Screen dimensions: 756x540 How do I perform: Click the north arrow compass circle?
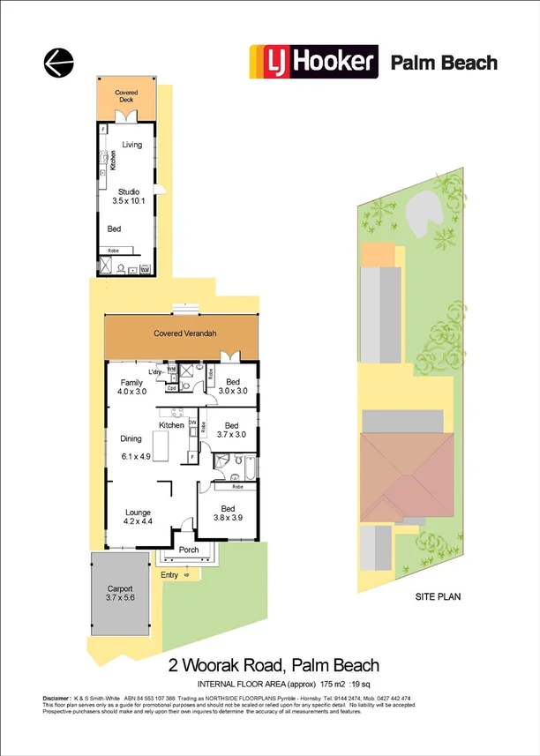pos(58,62)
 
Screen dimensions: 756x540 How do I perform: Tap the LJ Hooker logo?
pos(314,63)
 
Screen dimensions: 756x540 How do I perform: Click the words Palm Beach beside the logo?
pos(444,63)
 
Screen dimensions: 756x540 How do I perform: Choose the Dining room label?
pos(131,438)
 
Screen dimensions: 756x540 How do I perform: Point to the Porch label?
pos(189,550)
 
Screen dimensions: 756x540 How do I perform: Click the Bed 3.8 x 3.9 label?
pos(229,513)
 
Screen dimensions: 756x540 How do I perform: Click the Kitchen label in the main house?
pos(171,425)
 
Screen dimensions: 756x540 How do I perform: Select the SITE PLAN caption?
pos(438,596)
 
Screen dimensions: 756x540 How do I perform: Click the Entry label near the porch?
pos(169,575)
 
